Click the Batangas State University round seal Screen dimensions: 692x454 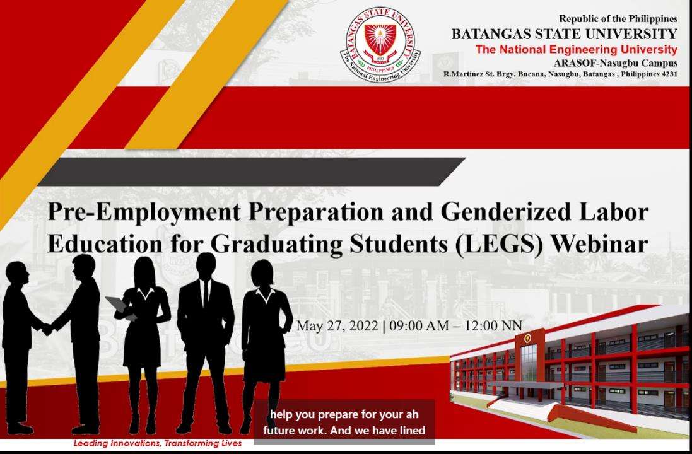pos(380,44)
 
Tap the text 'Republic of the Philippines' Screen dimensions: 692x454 pos(618,18)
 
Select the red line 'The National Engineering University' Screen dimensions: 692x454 pos(576,49)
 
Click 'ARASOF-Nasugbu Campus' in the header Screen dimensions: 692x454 pos(615,62)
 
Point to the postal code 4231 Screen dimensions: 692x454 pos(669,74)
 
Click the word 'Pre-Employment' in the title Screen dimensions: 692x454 pos(144,213)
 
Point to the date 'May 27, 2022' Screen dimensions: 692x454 pos(337,326)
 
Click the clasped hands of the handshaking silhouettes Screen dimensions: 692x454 pos(47,329)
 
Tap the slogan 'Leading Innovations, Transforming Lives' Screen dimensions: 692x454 pos(158,443)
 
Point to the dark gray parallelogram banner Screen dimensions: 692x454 pos(252,172)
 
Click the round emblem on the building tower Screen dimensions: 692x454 pos(527,339)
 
